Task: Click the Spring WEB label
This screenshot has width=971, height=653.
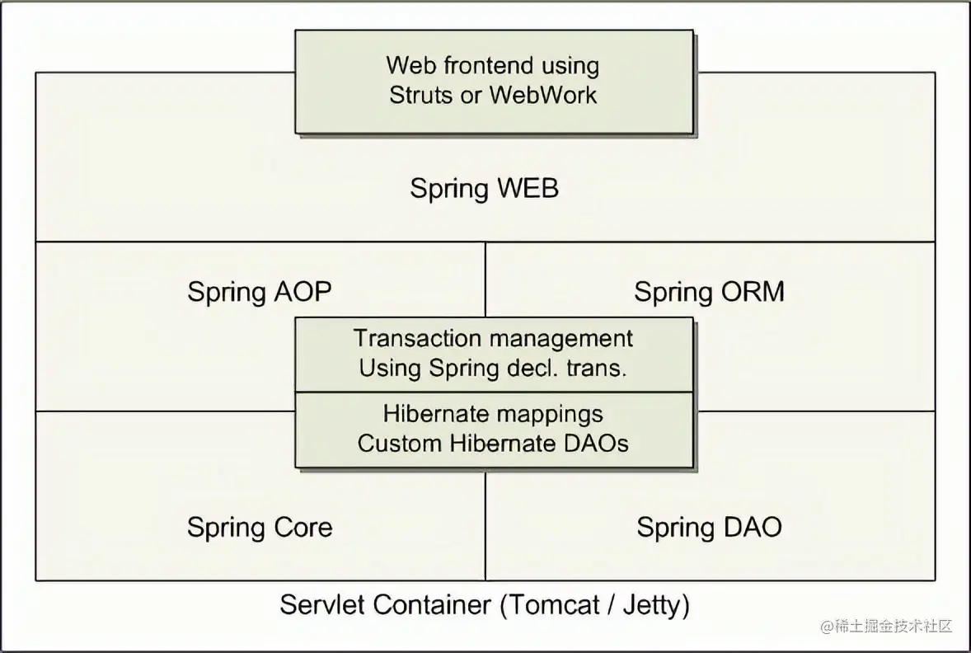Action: (485, 189)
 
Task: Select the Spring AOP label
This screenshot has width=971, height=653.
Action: (260, 292)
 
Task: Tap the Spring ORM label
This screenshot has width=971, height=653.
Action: (709, 292)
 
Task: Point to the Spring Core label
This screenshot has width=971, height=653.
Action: (260, 528)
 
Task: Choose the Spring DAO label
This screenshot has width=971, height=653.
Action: (709, 528)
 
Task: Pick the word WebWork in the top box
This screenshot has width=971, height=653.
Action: (543, 94)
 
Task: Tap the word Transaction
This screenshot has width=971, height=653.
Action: (419, 339)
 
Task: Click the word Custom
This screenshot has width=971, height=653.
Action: (400, 444)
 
